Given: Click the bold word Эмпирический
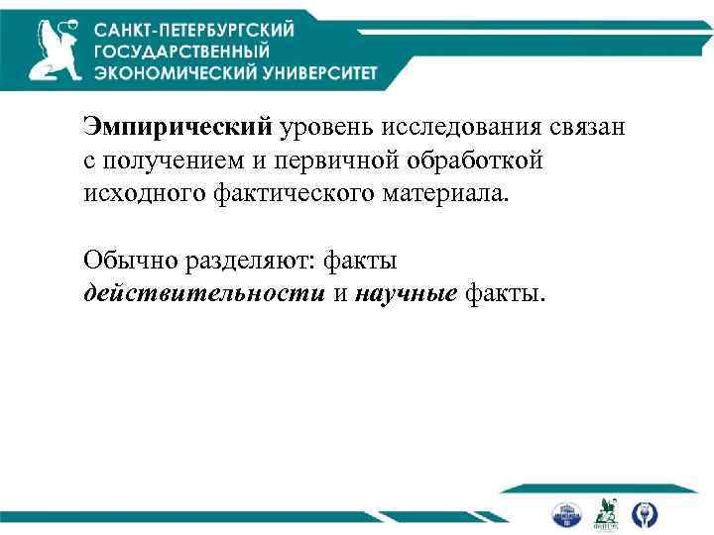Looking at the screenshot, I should coord(178,128).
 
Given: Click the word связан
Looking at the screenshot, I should coord(586,128).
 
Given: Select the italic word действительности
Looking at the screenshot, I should coord(204,293).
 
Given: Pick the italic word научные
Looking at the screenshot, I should coord(401,293).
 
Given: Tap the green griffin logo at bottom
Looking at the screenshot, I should coord(605,513).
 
